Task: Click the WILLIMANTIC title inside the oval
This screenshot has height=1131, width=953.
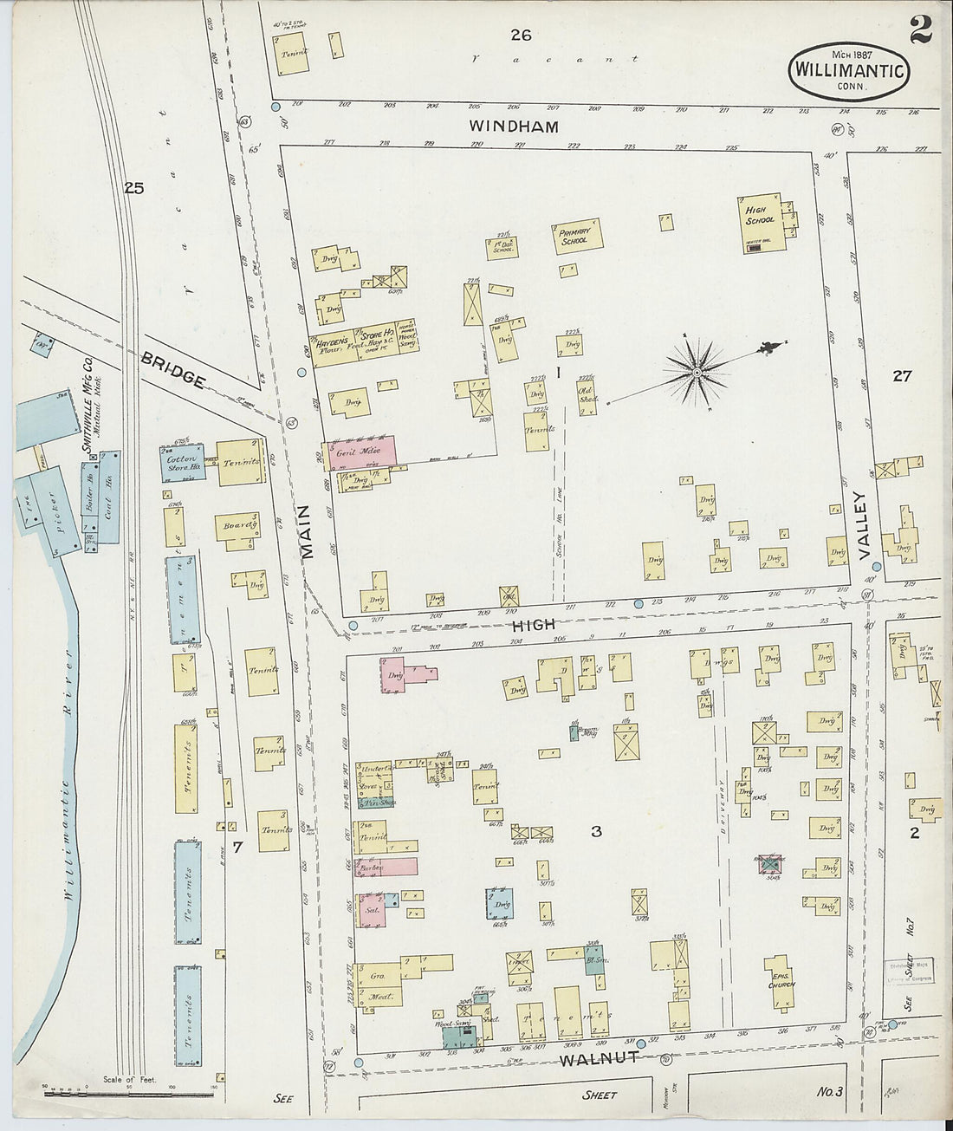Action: point(848,68)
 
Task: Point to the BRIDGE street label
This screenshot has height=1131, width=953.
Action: point(177,368)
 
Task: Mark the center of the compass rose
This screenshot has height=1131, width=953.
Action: point(697,374)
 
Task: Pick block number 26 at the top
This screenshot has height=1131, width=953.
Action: point(520,35)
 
